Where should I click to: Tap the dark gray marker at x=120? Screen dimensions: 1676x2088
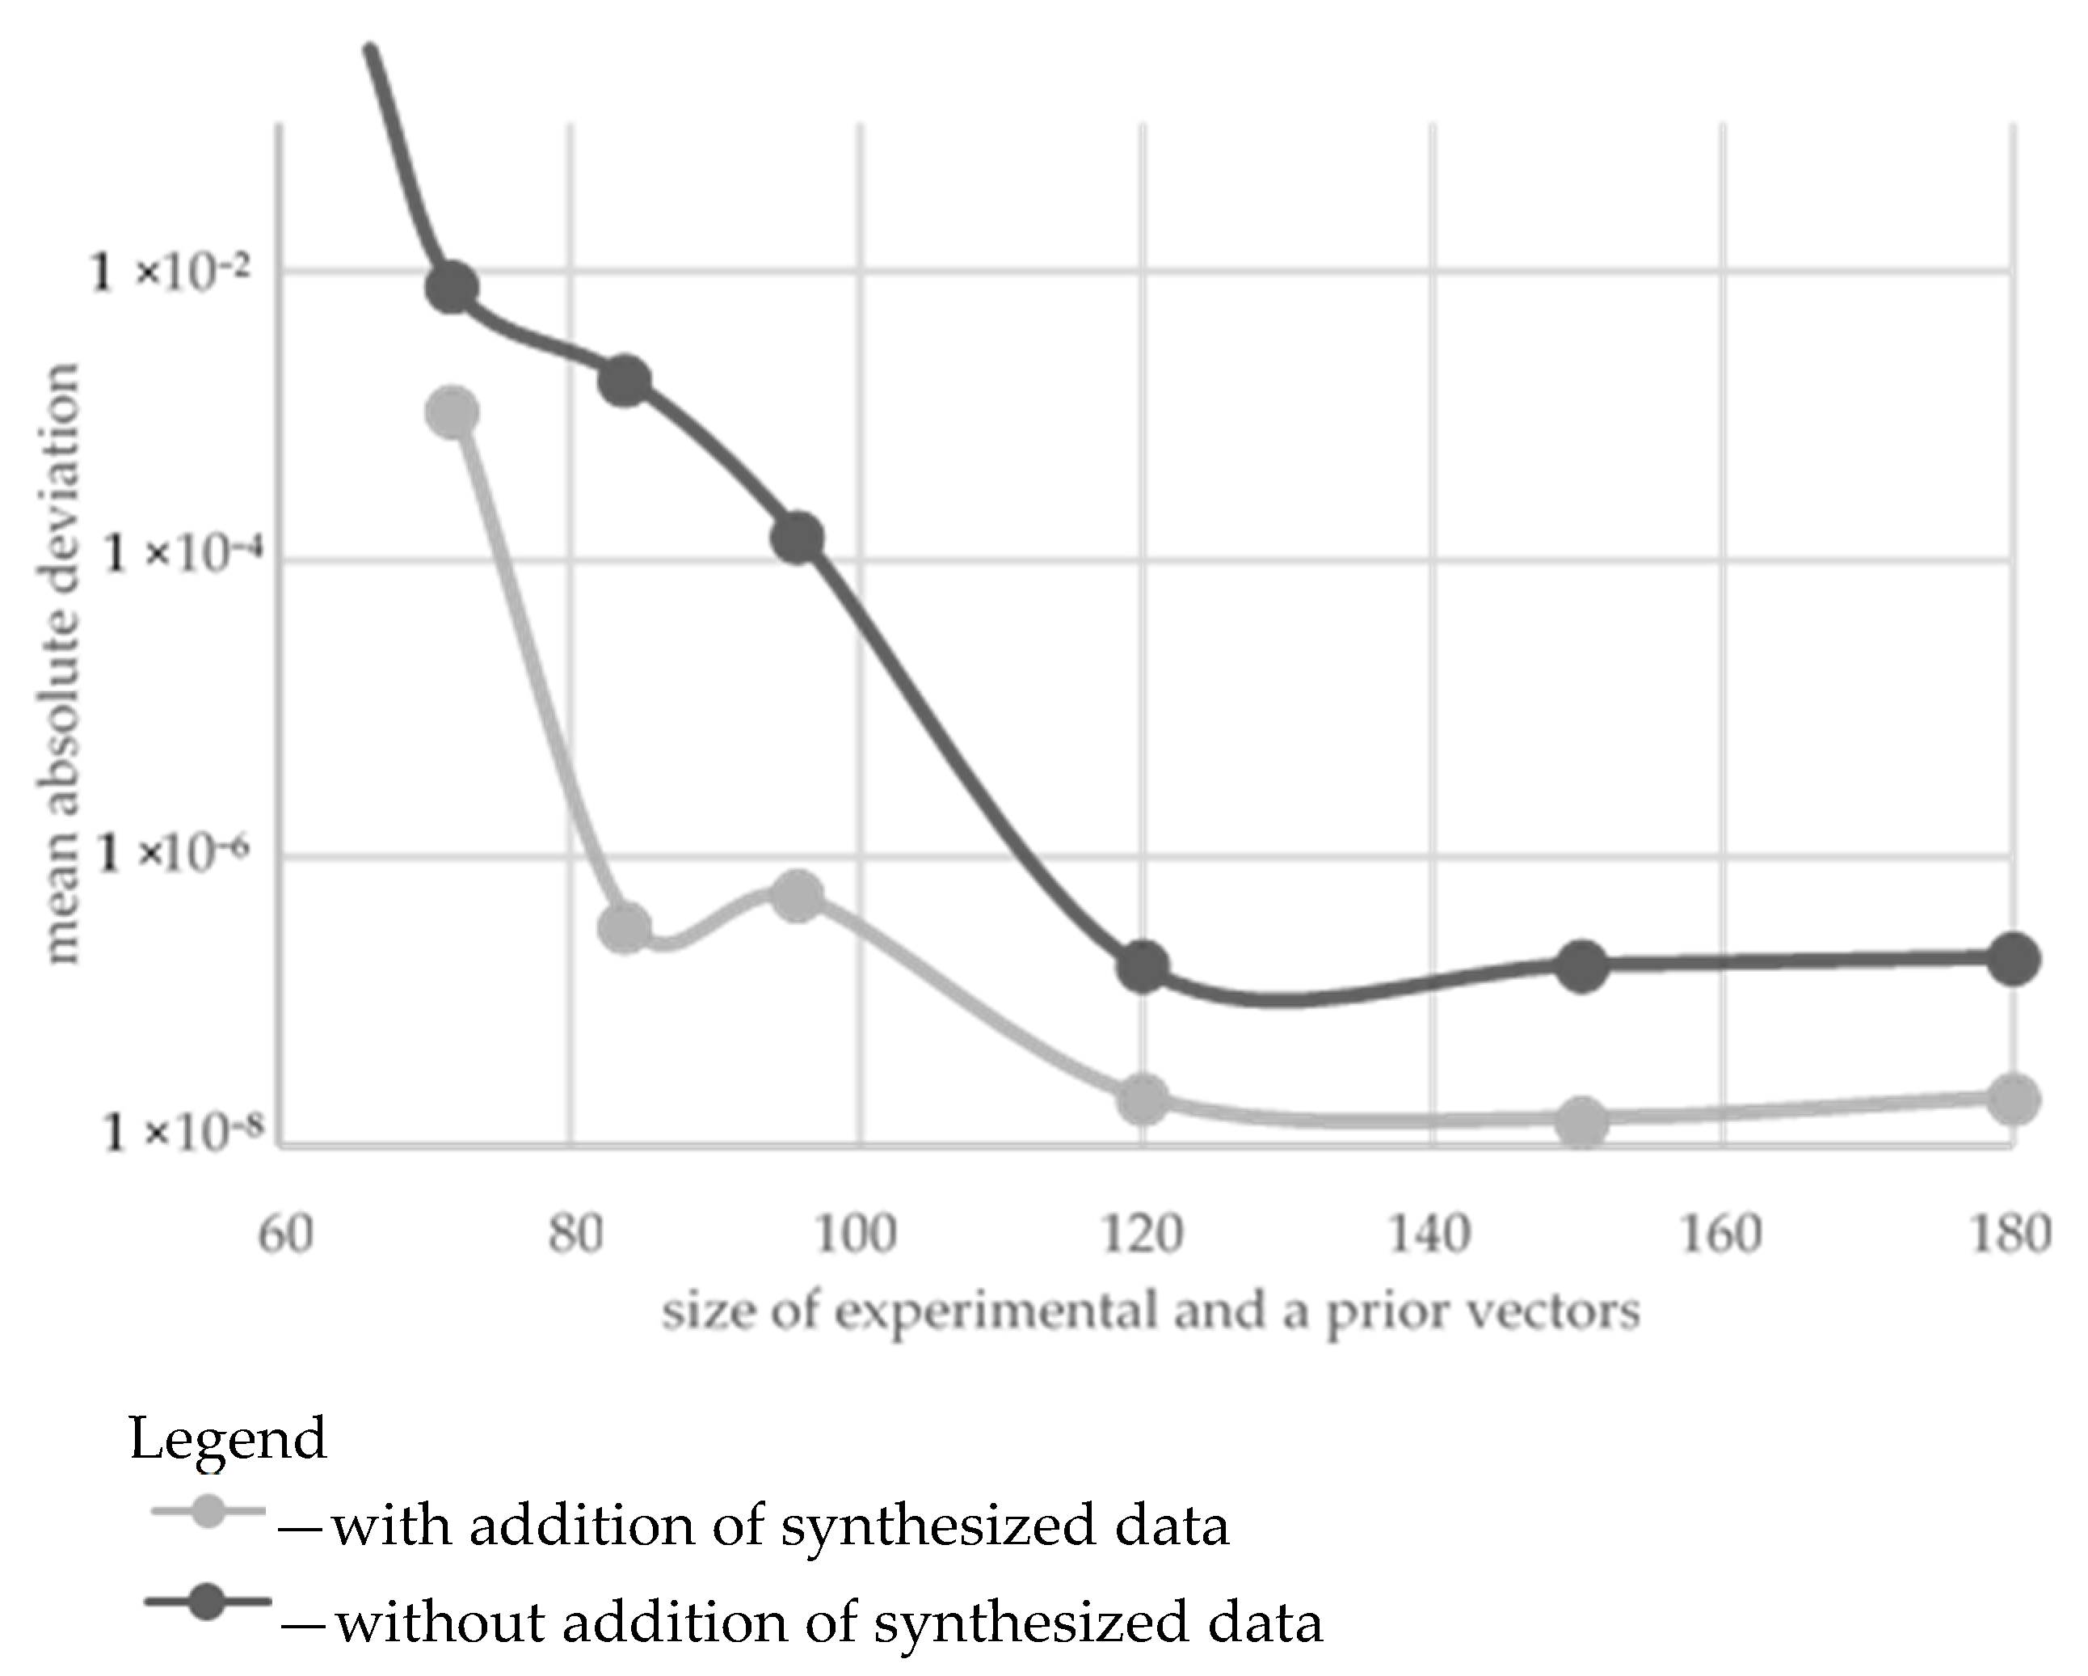coord(1143,966)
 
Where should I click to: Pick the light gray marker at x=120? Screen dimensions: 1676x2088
coord(1143,1099)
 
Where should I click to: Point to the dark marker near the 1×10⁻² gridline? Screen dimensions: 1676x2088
coord(453,288)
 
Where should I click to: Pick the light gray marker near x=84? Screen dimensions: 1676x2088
coord(625,928)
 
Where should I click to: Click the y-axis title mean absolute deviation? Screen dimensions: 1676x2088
coord(60,664)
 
